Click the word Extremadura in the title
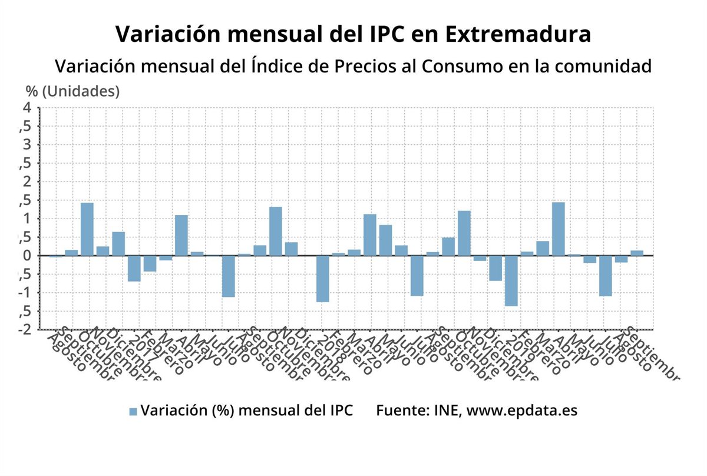pyautogui.click(x=517, y=34)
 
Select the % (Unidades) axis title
pyautogui.click(x=72, y=91)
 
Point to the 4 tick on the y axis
pyautogui.click(x=27, y=107)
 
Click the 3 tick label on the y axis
pyautogui.click(x=27, y=145)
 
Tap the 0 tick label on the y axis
pyautogui.click(x=27, y=256)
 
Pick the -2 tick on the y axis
pyautogui.click(x=24, y=329)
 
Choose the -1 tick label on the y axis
pyautogui.click(x=24, y=293)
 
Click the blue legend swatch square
pyautogui.click(x=133, y=412)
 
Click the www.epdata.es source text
pyautogui.click(x=522, y=411)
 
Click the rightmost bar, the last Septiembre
pyautogui.click(x=637, y=253)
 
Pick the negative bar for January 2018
pyautogui.click(x=322, y=279)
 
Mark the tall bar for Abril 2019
pyautogui.click(x=558, y=229)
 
